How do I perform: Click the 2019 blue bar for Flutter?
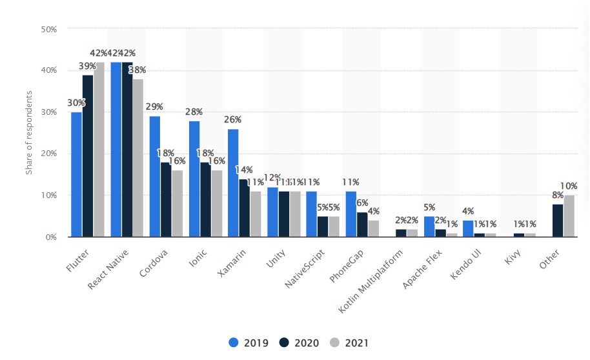(x=76, y=174)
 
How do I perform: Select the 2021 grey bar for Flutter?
(x=99, y=150)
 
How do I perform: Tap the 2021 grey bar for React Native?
(x=137, y=158)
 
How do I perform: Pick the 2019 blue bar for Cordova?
(x=154, y=177)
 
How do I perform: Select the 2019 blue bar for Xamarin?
(x=233, y=183)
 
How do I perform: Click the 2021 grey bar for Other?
(x=569, y=216)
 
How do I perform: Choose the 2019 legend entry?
(x=250, y=343)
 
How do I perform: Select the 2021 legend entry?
(x=350, y=343)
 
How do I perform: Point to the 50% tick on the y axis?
(x=49, y=29)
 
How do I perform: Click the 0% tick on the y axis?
(x=51, y=237)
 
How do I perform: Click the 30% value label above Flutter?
(x=76, y=103)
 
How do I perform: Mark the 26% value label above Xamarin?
(x=233, y=119)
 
